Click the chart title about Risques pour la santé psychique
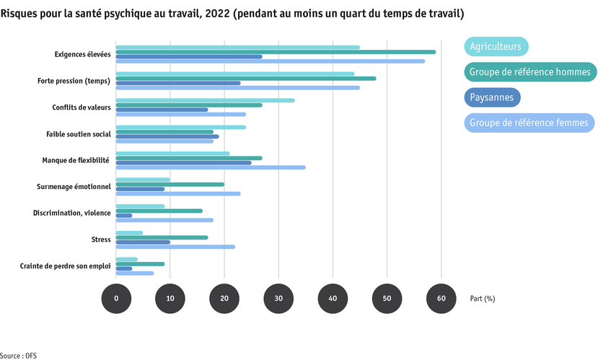tap(232, 14)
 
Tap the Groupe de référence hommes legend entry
tap(529, 72)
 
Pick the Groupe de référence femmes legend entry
tap(529, 123)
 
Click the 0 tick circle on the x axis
tap(116, 298)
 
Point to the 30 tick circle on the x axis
tap(278, 298)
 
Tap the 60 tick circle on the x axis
tap(441, 298)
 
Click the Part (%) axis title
tap(482, 298)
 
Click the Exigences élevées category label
tap(82, 55)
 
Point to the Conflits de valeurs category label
tap(81, 107)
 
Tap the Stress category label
tap(100, 239)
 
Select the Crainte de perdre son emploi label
tap(65, 266)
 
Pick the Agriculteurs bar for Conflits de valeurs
tap(205, 100)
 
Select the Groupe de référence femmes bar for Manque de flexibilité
tap(210, 167)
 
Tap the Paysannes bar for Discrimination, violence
tap(124, 215)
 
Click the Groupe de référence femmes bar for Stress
tap(175, 247)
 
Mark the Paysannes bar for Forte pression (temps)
tap(178, 83)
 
